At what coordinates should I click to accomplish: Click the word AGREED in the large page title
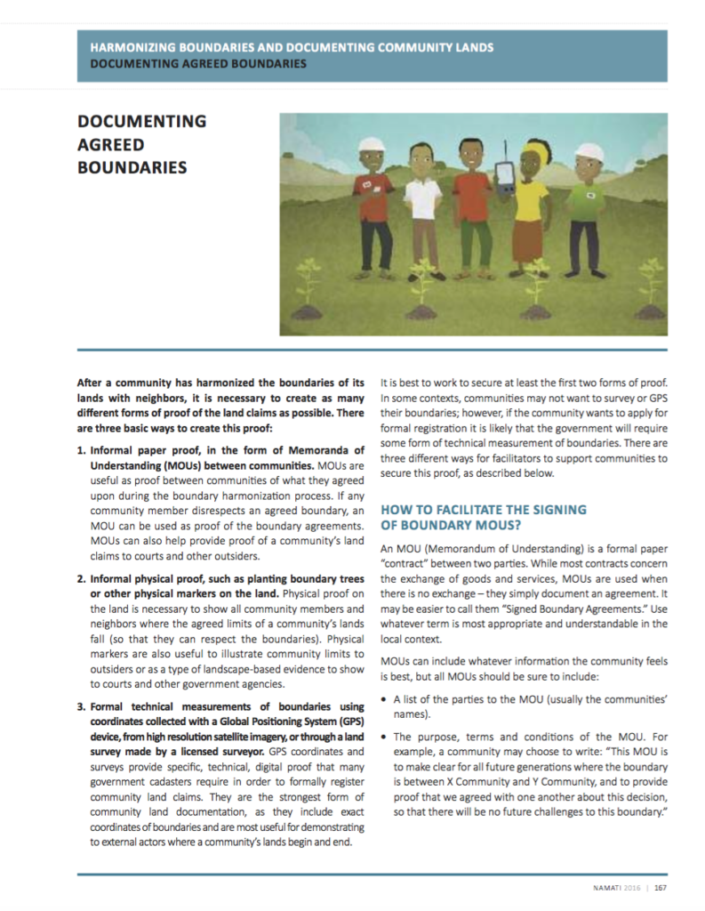(109, 144)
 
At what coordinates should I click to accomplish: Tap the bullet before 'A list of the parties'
(383, 698)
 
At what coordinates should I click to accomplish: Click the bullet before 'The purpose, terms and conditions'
(383, 738)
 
